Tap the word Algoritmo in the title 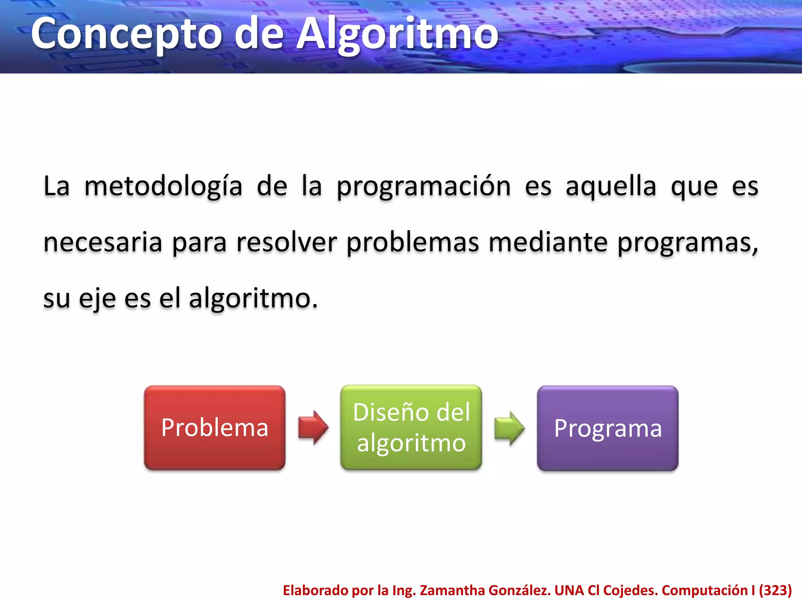click(397, 34)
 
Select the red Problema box click(215, 428)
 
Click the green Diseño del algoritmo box click(411, 428)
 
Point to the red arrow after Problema click(313, 428)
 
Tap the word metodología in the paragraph click(163, 187)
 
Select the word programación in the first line click(424, 187)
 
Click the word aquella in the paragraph click(611, 187)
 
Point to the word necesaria click(103, 243)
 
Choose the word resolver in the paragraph click(287, 243)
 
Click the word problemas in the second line click(413, 243)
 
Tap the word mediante click(548, 243)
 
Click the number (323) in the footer click(775, 590)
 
